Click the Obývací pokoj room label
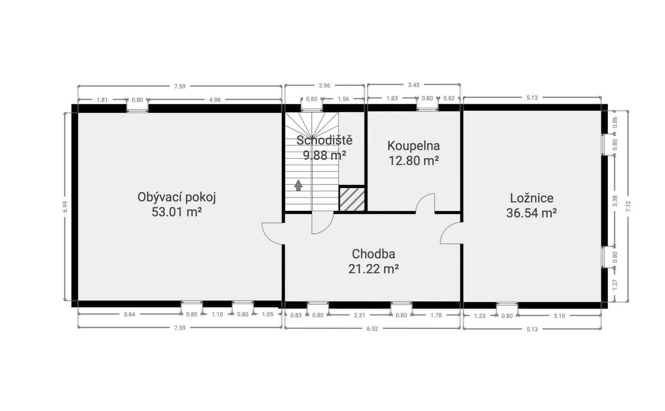177,198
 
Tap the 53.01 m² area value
177,212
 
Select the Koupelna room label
414,146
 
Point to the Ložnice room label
531,198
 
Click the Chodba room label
373,254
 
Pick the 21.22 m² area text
373,269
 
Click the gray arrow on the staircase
298,185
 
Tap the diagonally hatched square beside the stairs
352,199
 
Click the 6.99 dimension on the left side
65,207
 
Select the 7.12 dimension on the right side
628,207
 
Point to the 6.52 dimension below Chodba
372,329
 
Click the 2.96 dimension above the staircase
324,86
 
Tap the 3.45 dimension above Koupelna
414,85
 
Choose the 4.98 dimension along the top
215,100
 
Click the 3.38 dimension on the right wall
615,201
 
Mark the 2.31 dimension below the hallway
360,315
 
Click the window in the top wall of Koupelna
427,108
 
